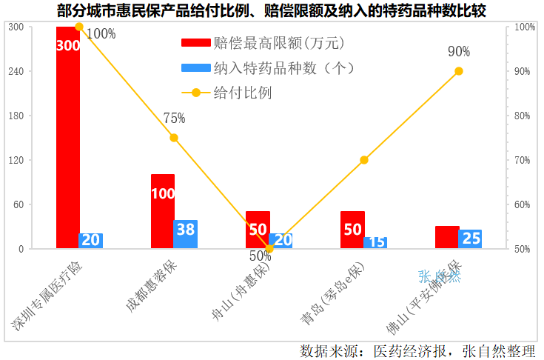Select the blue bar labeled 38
tap(185, 234)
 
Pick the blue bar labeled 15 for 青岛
tap(375, 243)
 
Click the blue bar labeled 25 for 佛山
tap(470, 239)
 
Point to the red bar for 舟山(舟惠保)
tap(258, 230)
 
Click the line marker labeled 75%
tap(174, 138)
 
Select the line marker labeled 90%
tap(459, 71)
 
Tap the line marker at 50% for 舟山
tap(269, 249)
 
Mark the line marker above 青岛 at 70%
tap(364, 160)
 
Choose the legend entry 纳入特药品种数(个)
tap(268, 68)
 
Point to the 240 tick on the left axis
tap(16, 71)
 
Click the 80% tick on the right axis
tap(525, 116)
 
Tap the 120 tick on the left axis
tap(16, 160)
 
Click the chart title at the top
tap(272, 10)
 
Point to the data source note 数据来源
tap(417, 350)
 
